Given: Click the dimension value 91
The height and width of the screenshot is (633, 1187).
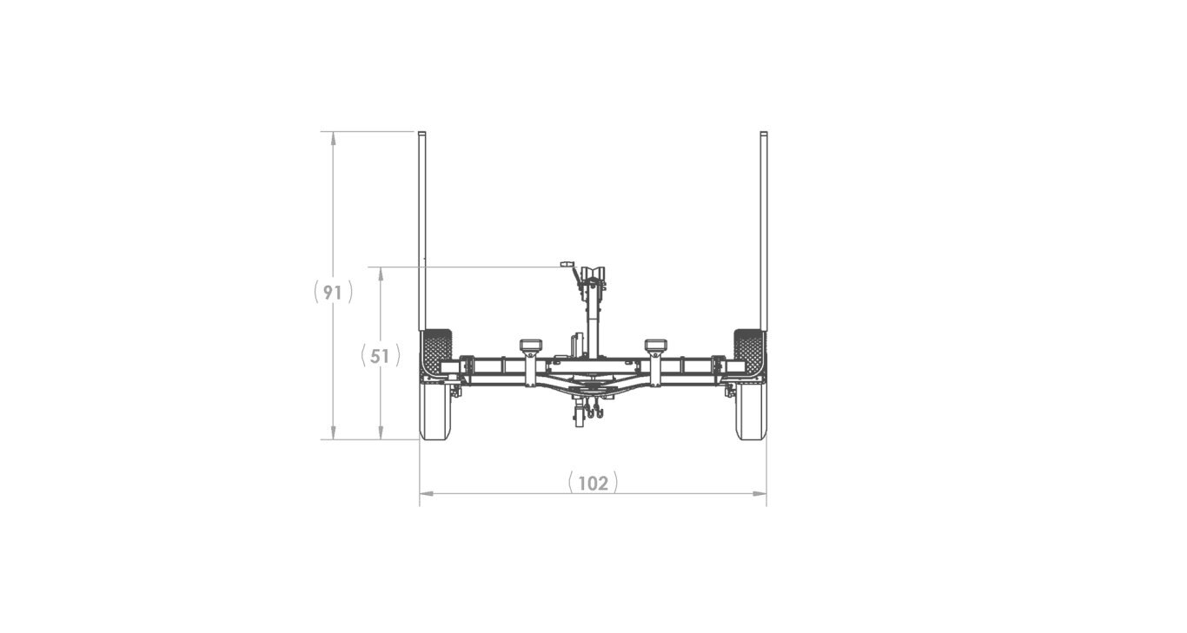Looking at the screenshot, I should [x=333, y=293].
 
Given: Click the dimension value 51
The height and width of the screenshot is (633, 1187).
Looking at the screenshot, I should [x=380, y=355].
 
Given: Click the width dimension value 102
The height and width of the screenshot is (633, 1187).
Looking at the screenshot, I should [x=593, y=482].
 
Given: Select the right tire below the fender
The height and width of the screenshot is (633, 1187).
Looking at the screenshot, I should [x=750, y=412].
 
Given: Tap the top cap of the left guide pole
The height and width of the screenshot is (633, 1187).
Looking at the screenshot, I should [x=421, y=135].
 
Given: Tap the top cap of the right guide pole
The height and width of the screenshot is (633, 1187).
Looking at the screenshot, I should [x=763, y=135].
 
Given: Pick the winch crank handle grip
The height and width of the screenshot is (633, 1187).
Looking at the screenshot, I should [x=567, y=263].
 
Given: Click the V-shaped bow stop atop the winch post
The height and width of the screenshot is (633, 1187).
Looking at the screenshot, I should [x=594, y=273].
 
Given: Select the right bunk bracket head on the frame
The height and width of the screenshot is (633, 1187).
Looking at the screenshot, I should [x=655, y=346].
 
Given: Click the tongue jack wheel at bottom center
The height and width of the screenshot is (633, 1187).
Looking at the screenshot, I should [x=580, y=420].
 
